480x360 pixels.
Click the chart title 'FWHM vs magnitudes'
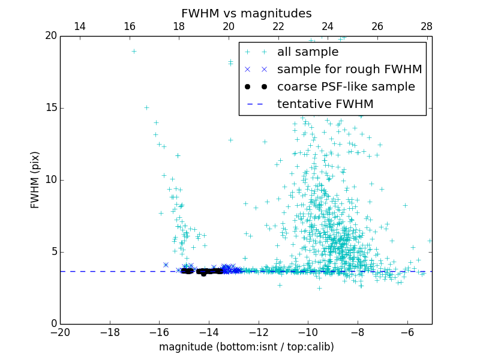(x=246, y=13)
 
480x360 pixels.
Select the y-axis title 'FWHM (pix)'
(x=35, y=179)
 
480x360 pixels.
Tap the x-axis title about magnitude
(x=246, y=347)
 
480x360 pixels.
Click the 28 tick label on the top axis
(x=427, y=26)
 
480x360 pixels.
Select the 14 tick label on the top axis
(x=79, y=26)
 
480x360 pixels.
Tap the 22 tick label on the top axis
(x=278, y=26)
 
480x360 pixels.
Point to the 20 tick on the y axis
(x=50, y=36)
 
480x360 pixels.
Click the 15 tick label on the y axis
(x=50, y=108)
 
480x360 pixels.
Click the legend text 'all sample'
(x=308, y=52)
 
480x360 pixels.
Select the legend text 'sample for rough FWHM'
(x=350, y=70)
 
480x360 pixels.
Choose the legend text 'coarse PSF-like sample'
(x=346, y=87)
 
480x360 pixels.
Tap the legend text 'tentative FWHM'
(x=325, y=104)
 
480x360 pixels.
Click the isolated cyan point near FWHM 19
(x=134, y=51)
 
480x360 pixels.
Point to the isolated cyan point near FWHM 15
(x=146, y=108)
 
